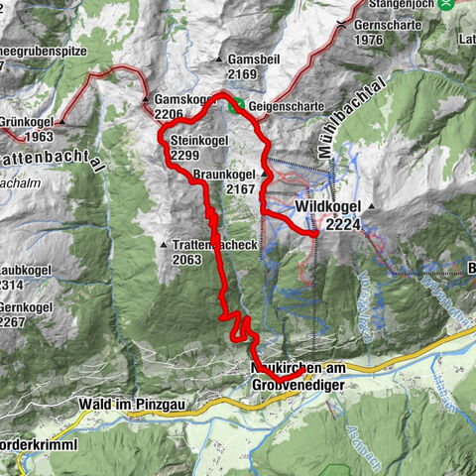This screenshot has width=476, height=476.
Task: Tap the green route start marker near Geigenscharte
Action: [236, 105]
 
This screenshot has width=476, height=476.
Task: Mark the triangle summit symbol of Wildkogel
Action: [372, 208]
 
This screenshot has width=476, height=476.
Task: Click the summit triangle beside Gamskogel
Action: [147, 100]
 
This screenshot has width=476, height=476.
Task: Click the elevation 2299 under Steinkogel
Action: [184, 156]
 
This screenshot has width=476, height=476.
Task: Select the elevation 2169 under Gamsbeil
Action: [243, 73]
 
